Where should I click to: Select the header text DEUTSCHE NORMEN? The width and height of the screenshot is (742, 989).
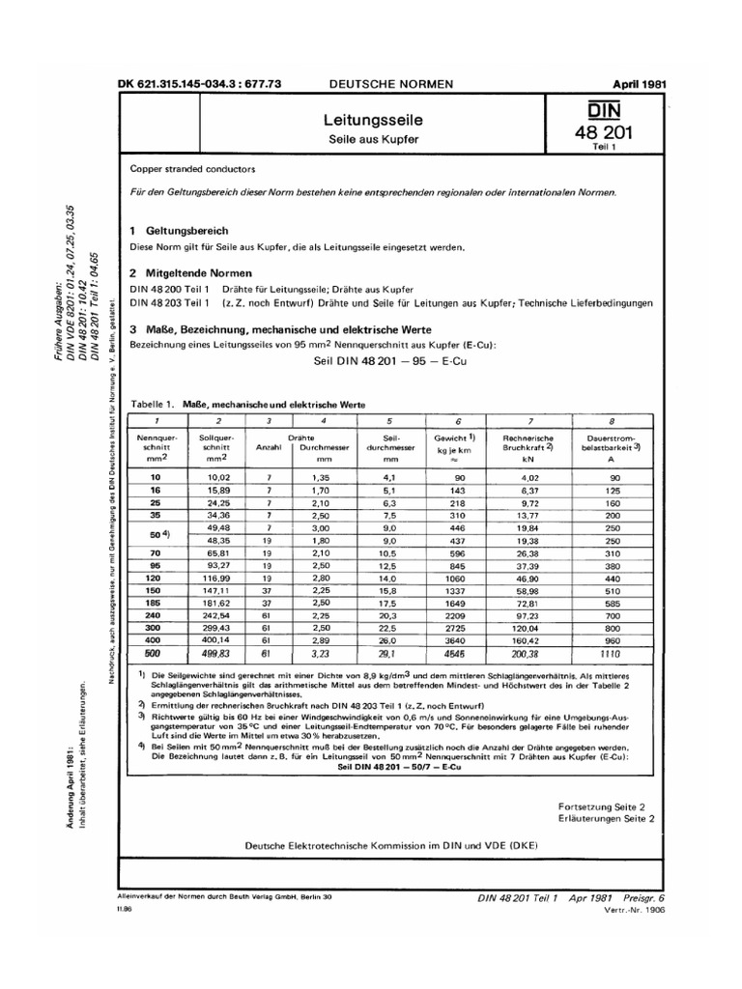click(391, 85)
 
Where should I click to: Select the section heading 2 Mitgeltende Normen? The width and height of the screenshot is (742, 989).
click(191, 273)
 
